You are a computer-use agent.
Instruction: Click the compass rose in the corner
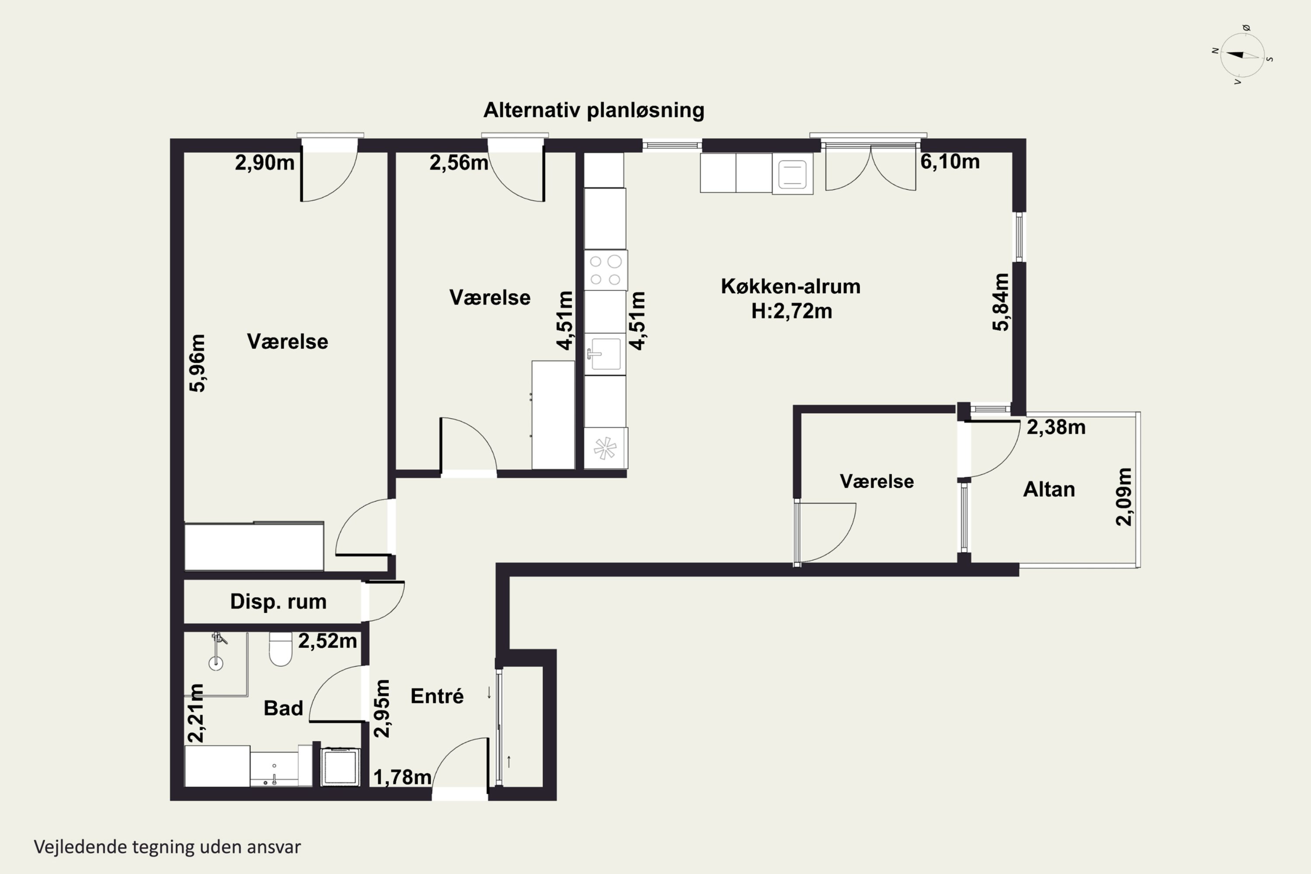coord(1242,55)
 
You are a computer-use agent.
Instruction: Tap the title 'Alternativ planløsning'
coord(593,111)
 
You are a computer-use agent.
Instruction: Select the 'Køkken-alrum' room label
coord(791,287)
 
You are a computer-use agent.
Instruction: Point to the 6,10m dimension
coord(950,162)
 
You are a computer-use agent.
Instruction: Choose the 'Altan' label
coord(1049,489)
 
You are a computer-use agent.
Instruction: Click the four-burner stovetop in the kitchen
coord(605,271)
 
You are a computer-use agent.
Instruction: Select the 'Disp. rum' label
coord(278,601)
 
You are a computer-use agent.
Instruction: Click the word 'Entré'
coord(437,696)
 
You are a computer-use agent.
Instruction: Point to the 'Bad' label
coord(283,708)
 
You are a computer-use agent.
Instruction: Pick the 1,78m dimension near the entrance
coord(402,777)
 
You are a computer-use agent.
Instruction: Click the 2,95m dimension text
coord(382,708)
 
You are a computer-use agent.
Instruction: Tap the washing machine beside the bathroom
coord(340,767)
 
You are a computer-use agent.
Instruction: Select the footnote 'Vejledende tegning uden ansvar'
coord(167,847)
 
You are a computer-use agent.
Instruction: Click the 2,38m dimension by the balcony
coord(1056,427)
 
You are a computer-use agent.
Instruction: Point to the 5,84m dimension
coord(1001,302)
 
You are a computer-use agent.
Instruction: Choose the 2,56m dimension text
coord(459,163)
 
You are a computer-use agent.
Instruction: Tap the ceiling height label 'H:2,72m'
coord(791,311)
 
